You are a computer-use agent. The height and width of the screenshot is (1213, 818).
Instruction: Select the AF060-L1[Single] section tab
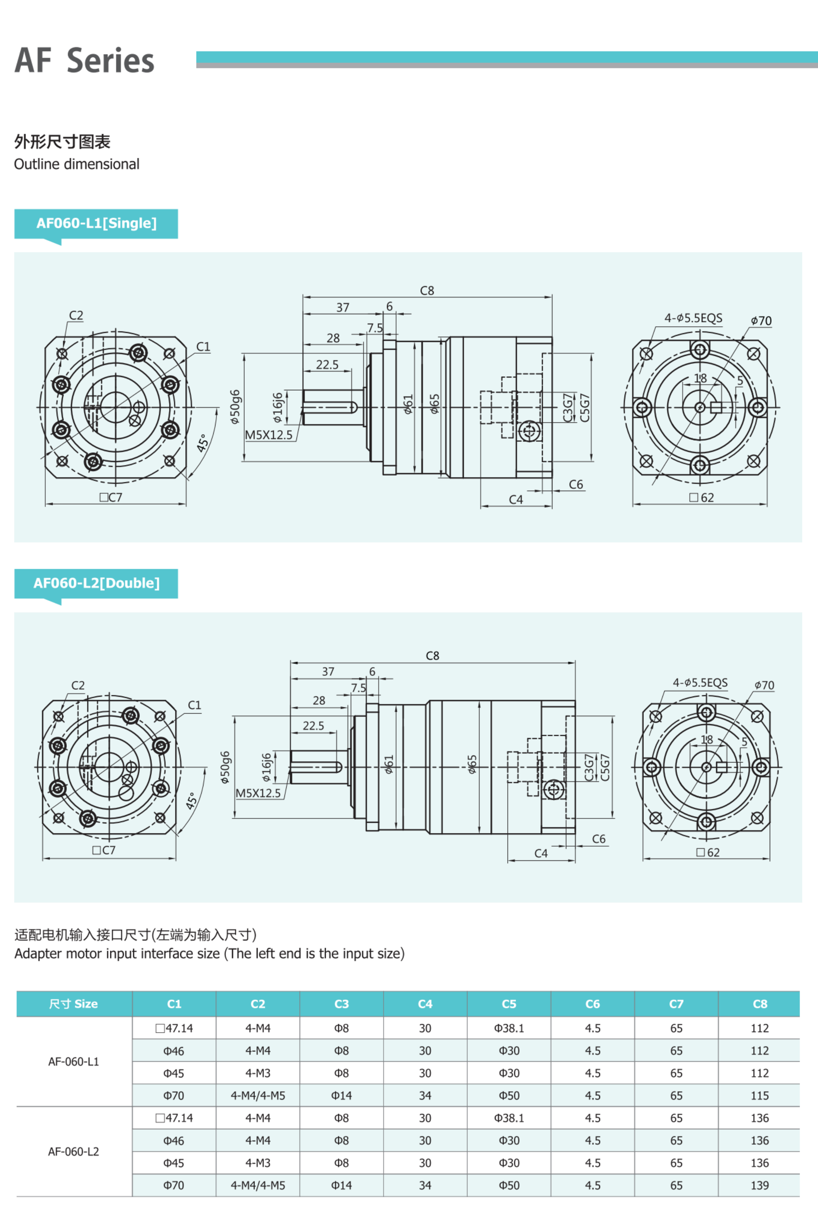click(96, 223)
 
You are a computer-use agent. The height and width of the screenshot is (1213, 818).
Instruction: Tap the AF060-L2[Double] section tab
click(96, 583)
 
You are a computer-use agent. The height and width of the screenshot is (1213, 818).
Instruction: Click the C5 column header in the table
click(509, 1004)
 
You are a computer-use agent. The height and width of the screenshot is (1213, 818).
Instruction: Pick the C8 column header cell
click(760, 1004)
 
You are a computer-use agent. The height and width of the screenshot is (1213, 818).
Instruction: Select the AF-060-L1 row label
click(73, 1062)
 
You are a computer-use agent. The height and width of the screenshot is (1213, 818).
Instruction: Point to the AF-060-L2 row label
click(73, 1151)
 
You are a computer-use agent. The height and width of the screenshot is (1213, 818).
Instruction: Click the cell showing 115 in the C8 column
click(760, 1096)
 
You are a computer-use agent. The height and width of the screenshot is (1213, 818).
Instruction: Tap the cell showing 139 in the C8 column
click(760, 1185)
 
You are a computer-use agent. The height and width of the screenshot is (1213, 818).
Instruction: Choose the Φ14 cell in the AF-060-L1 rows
click(341, 1096)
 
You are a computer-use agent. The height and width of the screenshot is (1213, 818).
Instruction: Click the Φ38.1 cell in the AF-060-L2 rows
click(509, 1118)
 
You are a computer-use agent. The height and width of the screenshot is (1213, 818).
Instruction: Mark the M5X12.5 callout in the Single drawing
click(269, 435)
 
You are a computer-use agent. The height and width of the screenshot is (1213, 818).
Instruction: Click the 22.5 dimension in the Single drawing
click(327, 364)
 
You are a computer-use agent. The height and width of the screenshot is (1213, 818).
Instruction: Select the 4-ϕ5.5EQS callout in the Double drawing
click(700, 683)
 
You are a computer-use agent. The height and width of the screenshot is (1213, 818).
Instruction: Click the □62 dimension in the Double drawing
click(708, 852)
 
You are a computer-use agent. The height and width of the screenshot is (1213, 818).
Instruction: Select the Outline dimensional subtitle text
click(77, 164)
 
